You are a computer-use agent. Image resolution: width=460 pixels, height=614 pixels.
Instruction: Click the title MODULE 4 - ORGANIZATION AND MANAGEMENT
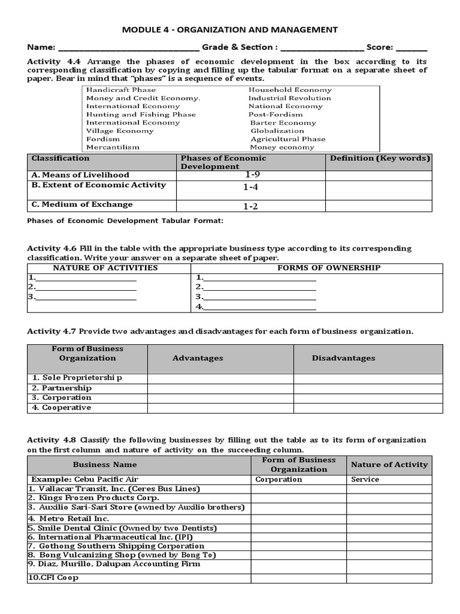[230, 29]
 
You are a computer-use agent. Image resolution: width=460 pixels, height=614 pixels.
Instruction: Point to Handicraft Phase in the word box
[113, 90]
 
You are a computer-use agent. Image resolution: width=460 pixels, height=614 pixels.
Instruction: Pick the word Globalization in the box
[277, 131]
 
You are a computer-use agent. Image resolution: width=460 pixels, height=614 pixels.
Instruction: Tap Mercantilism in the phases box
[113, 147]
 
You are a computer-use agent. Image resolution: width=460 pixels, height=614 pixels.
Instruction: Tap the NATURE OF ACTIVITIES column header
[105, 268]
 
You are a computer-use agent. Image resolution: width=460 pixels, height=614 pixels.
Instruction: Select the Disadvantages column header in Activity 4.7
[343, 359]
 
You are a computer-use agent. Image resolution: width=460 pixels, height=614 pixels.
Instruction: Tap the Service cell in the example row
[365, 480]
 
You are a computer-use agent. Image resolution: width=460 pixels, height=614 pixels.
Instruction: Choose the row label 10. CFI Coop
[53, 578]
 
